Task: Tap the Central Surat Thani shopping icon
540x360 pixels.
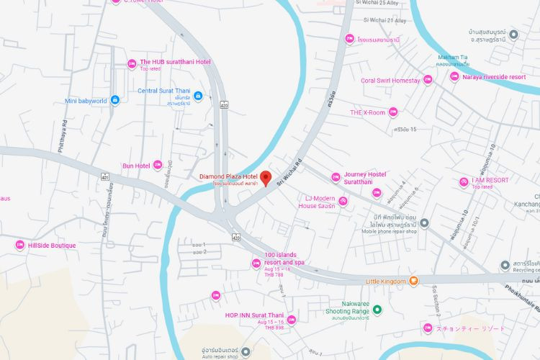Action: pos(197,96)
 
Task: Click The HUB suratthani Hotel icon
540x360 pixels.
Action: pos(132,64)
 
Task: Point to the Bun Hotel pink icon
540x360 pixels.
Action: pos(158,165)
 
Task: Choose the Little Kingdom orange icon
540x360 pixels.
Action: pos(413,281)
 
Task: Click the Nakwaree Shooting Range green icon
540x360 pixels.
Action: pos(377,310)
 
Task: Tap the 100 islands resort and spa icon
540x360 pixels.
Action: pos(256,264)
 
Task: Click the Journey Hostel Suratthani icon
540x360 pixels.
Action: pos(336,177)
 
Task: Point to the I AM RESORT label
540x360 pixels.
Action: pos(490,180)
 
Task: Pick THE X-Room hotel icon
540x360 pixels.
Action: pos(393,112)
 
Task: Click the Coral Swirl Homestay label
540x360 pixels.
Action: pos(390,81)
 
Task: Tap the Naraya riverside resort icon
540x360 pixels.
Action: pos(454,76)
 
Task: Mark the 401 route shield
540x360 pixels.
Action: pos(105,175)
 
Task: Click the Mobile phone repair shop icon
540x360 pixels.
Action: pos(424,223)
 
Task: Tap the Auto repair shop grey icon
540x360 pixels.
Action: pos(246,351)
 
